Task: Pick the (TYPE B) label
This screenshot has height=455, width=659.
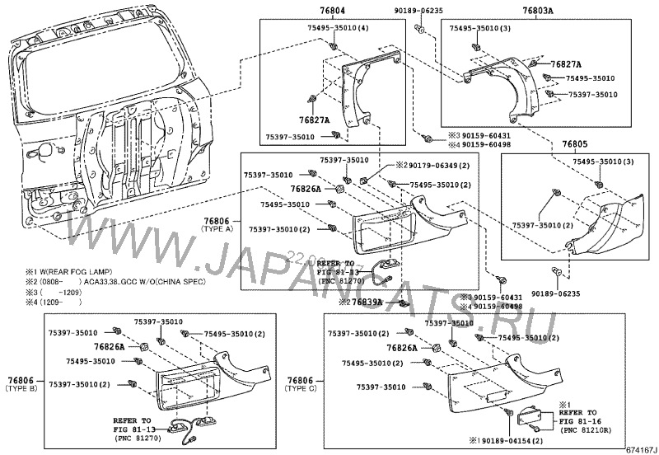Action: [x=18, y=388]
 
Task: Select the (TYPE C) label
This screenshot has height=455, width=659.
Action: [x=300, y=388]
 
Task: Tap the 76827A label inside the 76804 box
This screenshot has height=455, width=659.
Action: [x=313, y=120]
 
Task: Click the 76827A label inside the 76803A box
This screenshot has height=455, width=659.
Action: [x=566, y=63]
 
